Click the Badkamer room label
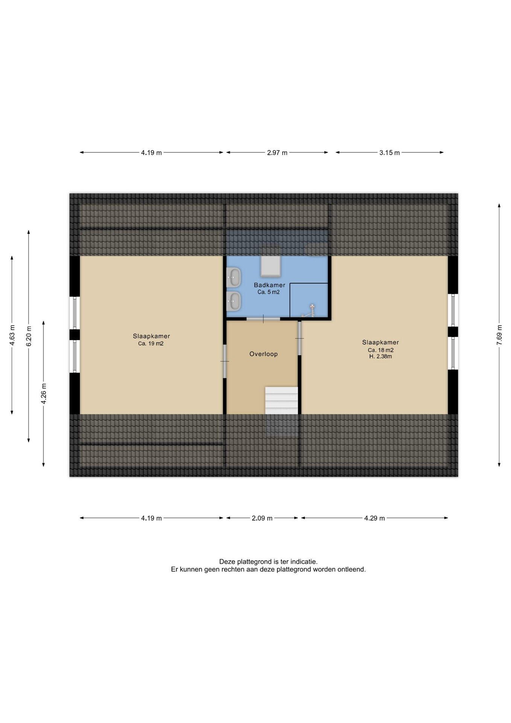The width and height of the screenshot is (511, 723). (269, 285)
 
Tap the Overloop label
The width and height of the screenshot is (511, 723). (263, 354)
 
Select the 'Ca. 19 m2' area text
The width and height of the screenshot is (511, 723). (151, 344)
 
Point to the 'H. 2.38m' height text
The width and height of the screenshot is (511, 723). (380, 356)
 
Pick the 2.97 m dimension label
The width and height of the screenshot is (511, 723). (277, 153)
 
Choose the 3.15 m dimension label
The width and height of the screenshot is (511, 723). (389, 153)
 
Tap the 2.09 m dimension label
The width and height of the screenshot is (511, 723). (262, 518)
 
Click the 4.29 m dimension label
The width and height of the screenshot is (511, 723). (374, 518)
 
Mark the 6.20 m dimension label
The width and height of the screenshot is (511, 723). (29, 336)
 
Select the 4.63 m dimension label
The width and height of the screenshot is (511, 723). (12, 335)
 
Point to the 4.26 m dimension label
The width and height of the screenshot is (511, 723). (44, 394)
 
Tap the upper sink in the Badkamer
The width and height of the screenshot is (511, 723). (234, 278)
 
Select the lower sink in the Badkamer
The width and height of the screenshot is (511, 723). (234, 301)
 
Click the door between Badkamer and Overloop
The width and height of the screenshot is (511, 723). (263, 319)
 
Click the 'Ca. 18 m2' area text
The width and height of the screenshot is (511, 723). (380, 350)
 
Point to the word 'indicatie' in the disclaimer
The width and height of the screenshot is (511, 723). (303, 561)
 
